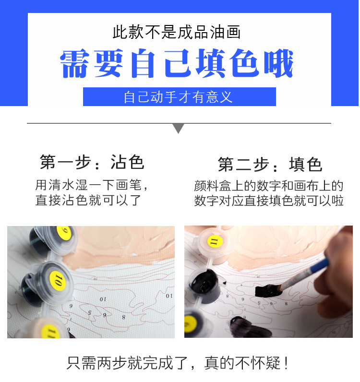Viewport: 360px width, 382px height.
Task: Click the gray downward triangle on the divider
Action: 179,128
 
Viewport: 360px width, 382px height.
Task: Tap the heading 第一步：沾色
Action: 92,162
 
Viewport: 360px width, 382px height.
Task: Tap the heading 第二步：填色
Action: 270,165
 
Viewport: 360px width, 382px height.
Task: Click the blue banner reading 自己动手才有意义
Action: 179,96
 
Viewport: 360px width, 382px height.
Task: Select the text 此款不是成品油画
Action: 176,32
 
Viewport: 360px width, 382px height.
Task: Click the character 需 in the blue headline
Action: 75,63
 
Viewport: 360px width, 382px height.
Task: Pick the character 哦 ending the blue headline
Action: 277,63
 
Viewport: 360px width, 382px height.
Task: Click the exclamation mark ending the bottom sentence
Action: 287,363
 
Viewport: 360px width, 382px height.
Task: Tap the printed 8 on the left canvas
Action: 123,317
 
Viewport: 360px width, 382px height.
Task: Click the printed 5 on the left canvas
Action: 90,312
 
